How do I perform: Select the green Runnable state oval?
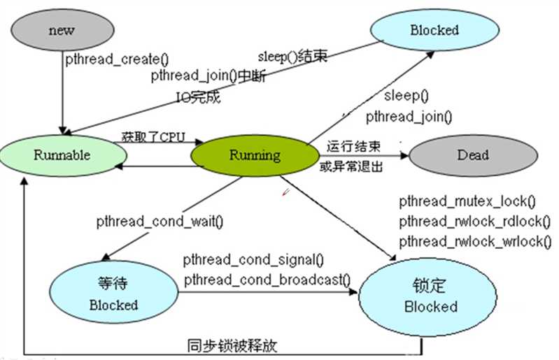[x=62, y=155]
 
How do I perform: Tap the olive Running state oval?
[x=254, y=155]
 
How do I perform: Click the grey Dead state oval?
[x=472, y=155]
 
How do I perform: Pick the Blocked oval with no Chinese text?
[x=434, y=30]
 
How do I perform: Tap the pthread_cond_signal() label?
[x=253, y=261]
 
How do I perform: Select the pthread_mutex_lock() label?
[x=467, y=203]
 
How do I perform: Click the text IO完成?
[x=197, y=97]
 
